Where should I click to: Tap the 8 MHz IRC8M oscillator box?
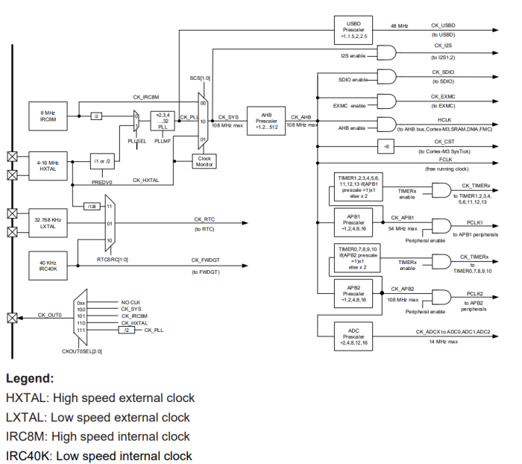click(x=49, y=116)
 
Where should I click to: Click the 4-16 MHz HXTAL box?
click(x=49, y=165)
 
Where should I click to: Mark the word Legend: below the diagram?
click(x=30, y=378)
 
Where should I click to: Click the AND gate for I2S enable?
click(x=388, y=51)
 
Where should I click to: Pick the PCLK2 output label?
click(x=476, y=295)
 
